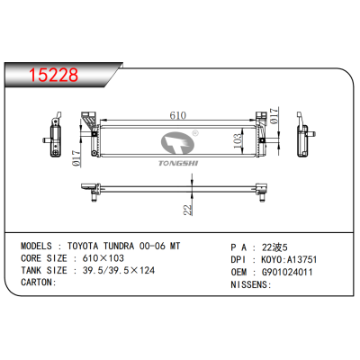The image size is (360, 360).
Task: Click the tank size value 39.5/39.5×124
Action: (x=119, y=270)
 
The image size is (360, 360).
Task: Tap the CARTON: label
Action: (x=38, y=282)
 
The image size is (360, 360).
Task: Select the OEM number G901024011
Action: (x=283, y=270)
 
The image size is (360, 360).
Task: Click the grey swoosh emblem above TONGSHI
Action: (x=179, y=142)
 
